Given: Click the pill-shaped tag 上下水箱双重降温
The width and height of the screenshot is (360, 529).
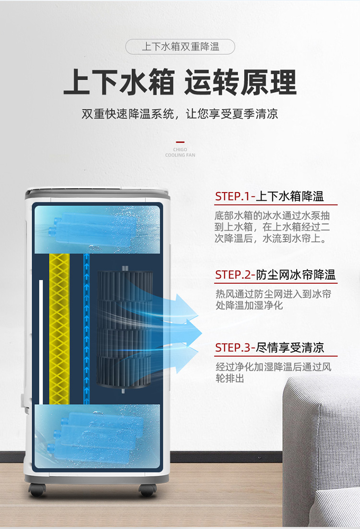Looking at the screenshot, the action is [180, 47].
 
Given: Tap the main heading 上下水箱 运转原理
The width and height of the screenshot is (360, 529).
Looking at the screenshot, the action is [180, 82].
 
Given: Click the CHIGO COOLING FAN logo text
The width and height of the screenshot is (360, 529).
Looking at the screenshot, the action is [180, 152].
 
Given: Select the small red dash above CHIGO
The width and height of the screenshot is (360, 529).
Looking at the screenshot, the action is [180, 142].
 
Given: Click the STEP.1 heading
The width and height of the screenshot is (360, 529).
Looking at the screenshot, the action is [270, 196].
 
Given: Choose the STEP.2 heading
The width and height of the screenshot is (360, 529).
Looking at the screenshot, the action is [276, 275].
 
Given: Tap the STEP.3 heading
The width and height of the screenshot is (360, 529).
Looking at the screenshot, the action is [270, 348].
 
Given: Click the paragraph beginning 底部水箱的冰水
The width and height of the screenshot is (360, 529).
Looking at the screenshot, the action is [272, 227].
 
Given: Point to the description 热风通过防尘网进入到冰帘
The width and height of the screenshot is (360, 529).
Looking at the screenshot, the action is [273, 300].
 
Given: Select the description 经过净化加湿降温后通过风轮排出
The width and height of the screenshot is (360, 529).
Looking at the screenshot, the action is [273, 373].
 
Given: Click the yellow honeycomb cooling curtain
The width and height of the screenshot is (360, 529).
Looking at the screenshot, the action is [60, 329].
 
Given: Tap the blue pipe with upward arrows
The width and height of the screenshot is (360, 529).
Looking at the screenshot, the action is [86, 329].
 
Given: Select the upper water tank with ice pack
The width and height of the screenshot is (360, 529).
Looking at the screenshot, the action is [97, 229].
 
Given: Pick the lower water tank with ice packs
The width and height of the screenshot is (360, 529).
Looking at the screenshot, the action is [97, 436].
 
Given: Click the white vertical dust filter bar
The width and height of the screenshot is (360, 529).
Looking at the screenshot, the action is [41, 342].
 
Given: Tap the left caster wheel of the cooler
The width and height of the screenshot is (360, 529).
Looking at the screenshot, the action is [37, 490].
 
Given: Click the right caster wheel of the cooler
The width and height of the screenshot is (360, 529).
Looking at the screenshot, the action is [147, 490].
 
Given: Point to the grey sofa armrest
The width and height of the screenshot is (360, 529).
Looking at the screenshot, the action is [321, 449].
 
